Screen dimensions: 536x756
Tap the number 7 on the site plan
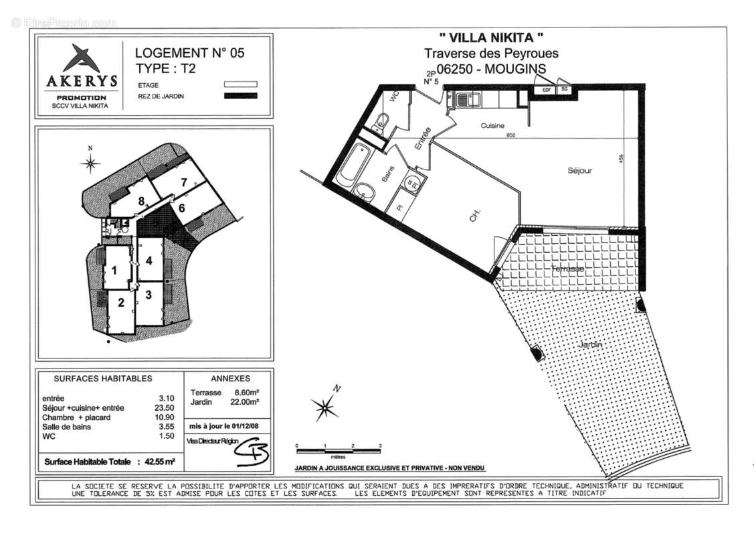(183, 182)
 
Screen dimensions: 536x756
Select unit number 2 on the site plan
(121, 303)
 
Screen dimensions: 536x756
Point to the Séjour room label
(579, 170)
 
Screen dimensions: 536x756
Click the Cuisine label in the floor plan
(492, 126)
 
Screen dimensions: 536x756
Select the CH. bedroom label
(473, 216)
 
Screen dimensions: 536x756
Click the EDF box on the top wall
(546, 88)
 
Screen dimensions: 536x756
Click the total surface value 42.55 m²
(156, 462)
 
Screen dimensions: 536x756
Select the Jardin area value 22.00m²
(245, 402)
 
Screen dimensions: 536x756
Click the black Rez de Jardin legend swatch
(240, 96)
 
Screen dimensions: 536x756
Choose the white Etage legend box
(240, 84)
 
